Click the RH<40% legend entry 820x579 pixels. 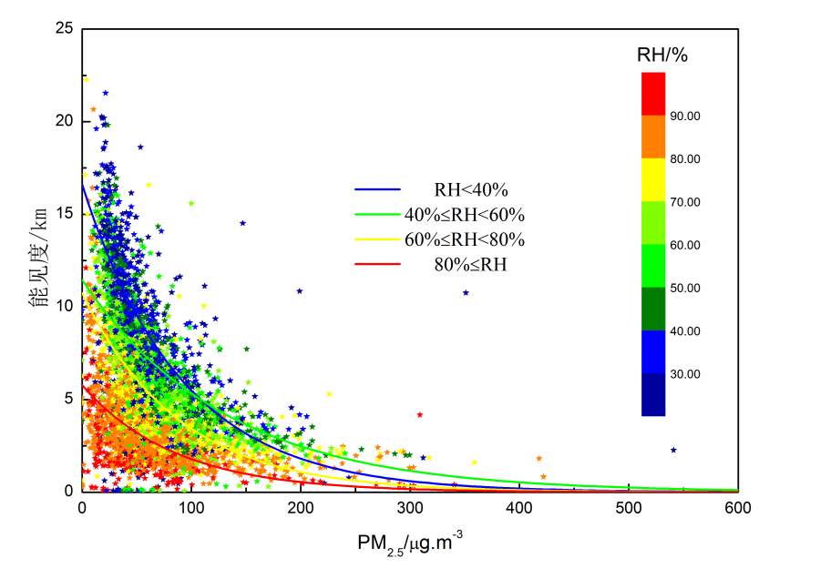tap(470, 190)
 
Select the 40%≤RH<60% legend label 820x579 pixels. tap(465, 216)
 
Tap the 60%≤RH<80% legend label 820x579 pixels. tap(465, 240)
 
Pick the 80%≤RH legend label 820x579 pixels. tap(470, 265)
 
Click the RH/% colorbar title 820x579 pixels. tap(661, 56)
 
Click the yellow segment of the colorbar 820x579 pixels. tap(653, 179)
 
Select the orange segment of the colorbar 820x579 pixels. tap(653, 137)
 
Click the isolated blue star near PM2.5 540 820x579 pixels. tap(673, 450)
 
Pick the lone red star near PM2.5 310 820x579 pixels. tap(420, 414)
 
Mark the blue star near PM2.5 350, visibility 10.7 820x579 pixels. tap(466, 292)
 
